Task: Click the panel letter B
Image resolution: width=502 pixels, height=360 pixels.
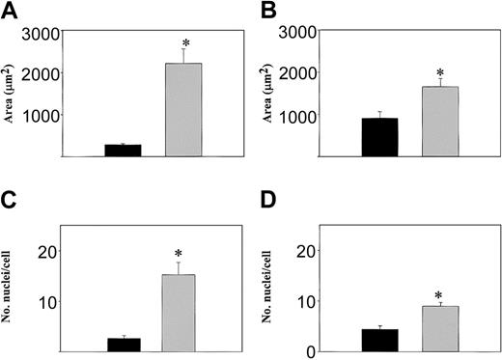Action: (x=265, y=12)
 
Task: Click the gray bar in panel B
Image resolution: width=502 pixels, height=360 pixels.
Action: (x=441, y=122)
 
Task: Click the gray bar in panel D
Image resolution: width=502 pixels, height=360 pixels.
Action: (x=439, y=329)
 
